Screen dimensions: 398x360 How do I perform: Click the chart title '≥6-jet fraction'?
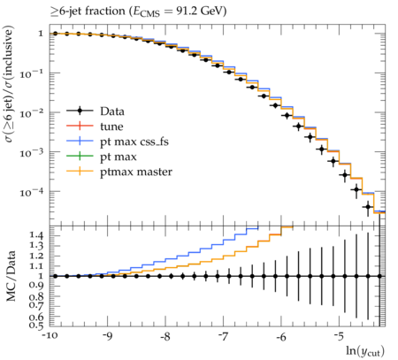pos(88,11)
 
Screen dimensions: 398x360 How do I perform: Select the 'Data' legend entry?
pos(96,111)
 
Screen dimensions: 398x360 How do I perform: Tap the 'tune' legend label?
pos(111,126)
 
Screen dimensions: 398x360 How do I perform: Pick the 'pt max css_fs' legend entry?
pos(118,142)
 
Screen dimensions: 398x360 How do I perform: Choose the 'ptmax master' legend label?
pos(136,172)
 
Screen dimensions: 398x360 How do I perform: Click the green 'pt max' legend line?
pos(80,157)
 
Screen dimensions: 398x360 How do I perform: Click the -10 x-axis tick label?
pos(50,336)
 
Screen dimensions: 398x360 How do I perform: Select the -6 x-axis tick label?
pos(281,336)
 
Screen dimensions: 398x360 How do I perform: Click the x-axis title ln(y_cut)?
pos(365,351)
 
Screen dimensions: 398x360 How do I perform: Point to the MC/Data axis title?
pos(11,276)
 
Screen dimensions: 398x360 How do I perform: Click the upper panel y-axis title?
pos(9,85)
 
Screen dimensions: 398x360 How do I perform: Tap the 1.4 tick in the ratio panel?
pos(36,235)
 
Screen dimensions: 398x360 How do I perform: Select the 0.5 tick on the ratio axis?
pos(36,326)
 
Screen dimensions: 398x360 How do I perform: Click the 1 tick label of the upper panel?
pos(41,34)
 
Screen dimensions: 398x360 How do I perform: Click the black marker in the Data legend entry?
pos(80,111)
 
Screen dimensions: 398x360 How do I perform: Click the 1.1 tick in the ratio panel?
pos(36,266)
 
